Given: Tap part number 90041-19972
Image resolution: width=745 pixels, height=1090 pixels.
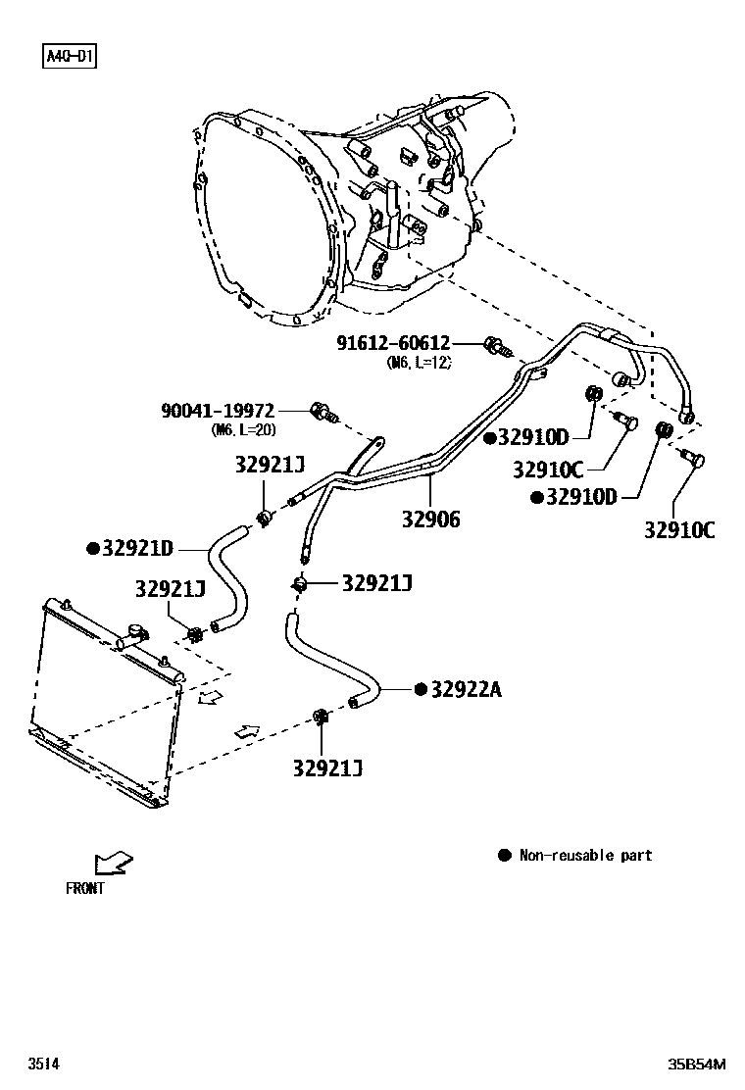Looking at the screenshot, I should coord(218,411).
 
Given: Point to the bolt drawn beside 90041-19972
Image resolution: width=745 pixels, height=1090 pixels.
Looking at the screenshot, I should coord(323,413).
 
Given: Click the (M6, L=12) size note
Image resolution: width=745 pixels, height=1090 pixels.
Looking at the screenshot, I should coord(420,362).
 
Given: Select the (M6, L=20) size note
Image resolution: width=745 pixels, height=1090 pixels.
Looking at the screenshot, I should coord(244,429).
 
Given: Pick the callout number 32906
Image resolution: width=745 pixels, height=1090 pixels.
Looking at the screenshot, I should coord(429,520).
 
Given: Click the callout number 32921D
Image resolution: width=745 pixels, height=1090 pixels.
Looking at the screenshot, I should coord(137,548).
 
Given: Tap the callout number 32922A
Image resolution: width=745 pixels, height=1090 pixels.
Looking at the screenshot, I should coord(466,689).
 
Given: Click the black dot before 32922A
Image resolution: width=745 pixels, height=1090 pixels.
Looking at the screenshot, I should coord(421,689).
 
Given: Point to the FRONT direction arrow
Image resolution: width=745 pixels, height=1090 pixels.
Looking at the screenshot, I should coord(113,863).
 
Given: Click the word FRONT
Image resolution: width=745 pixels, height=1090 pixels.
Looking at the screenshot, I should coord(84,889).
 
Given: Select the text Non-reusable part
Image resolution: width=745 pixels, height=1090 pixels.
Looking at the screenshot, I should coord(585,855).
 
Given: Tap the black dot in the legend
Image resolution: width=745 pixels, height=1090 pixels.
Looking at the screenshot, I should coord(505,855).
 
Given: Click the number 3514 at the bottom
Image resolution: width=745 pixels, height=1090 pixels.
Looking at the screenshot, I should coord(43,1064).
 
